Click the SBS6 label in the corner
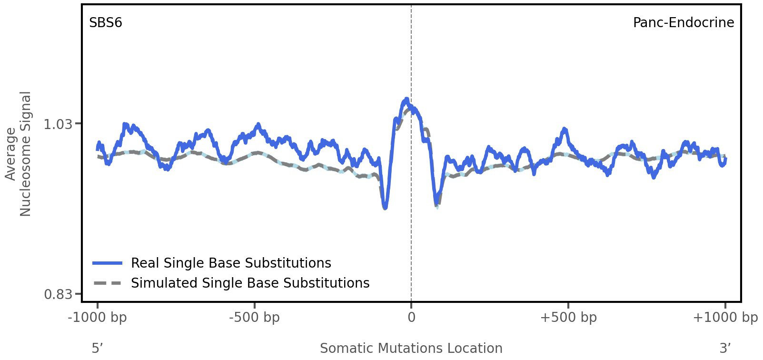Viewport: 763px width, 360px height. tap(106, 23)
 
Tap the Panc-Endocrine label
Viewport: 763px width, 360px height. tap(683, 23)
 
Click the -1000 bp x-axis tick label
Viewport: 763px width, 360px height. tap(98, 318)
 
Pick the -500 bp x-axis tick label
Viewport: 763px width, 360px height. tap(254, 318)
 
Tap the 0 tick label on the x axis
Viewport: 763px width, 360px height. tap(411, 318)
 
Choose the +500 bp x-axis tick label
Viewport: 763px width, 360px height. tap(568, 318)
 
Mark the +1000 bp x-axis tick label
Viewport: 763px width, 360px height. tap(725, 318)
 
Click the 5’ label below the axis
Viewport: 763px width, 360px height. tap(98, 348)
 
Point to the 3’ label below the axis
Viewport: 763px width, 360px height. tap(725, 348)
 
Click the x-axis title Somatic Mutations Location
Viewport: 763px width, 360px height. tap(411, 348)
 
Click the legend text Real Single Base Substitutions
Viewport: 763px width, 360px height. tap(231, 263)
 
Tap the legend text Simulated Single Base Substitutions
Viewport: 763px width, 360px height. tap(250, 283)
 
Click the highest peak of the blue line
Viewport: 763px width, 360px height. tap(406, 99)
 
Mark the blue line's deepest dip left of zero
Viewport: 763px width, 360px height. tap(385, 208)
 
